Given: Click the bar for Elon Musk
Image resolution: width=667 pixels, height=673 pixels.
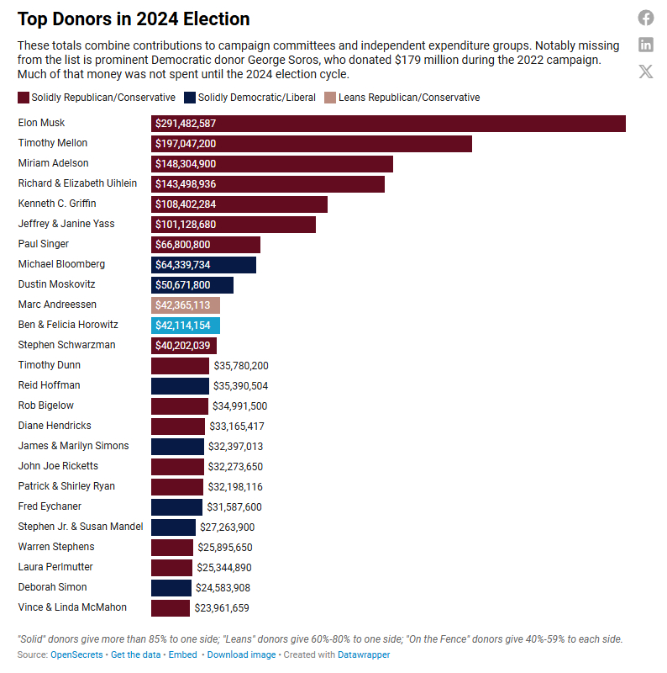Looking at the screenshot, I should (388, 123).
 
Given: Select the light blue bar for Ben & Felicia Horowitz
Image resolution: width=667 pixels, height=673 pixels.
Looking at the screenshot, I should (186, 325).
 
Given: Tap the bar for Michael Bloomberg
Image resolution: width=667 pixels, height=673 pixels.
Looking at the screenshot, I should (203, 264).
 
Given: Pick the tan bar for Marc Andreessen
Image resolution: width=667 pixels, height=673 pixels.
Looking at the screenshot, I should (186, 305).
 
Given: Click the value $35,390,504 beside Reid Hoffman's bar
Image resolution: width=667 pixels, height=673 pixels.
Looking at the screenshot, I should (241, 385).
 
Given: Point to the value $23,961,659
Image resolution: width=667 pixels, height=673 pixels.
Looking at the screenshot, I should (222, 607).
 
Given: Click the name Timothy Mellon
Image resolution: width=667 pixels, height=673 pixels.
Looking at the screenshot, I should (53, 143).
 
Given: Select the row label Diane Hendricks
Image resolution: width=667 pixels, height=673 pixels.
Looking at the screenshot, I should (55, 426).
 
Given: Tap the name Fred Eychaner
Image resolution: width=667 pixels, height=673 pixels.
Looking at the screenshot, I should (50, 506).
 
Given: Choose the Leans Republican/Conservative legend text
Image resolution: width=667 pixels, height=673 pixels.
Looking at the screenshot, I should (409, 98).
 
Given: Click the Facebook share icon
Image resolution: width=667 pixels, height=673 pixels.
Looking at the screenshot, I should (646, 18).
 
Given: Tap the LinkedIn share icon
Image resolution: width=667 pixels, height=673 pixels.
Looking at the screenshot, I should (646, 45).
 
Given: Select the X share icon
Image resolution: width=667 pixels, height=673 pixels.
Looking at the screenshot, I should (646, 72).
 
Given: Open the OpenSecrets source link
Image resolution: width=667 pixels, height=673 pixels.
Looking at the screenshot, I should (76, 654).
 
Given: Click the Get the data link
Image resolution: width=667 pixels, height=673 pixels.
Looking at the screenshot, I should (136, 654).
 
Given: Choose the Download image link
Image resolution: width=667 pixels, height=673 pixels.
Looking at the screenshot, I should (241, 654).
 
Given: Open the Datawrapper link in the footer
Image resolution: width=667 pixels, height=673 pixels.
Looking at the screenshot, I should (364, 654).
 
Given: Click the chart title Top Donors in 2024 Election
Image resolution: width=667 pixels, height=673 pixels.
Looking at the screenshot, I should (134, 19).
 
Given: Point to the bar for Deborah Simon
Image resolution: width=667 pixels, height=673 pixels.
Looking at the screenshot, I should (171, 587).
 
